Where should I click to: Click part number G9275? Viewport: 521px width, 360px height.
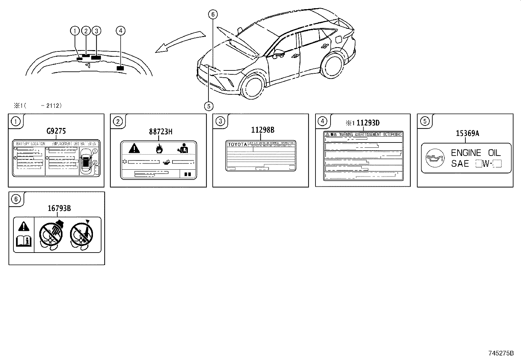pos(56,131)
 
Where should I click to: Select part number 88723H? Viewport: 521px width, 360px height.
pos(161,132)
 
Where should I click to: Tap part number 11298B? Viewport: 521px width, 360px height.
pos(262,130)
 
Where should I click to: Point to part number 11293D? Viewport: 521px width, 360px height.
pos(368,123)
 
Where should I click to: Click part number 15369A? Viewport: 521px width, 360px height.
pos(467,133)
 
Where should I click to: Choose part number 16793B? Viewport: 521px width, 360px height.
pos(60,208)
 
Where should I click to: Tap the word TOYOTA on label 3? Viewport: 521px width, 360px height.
pos(237,144)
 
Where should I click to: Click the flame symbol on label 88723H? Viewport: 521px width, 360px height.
pos(159,149)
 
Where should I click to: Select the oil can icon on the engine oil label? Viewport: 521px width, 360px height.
pos(435,158)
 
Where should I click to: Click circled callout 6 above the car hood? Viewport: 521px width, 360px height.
pos(213,14)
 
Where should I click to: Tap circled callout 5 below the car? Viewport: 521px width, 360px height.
pos(208,106)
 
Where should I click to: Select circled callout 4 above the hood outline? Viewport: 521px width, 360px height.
pos(120,31)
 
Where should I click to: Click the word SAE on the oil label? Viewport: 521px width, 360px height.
pos(460,163)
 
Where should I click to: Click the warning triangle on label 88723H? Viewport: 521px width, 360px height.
pos(134,148)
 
